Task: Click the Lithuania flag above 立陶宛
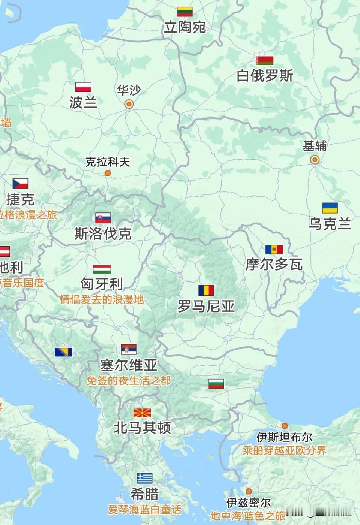[184, 12]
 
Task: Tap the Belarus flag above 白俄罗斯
[264, 60]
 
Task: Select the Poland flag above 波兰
[83, 87]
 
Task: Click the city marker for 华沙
[129, 104]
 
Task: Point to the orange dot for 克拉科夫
[108, 173]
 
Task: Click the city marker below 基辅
[315, 160]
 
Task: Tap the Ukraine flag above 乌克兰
[330, 208]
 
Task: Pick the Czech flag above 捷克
[20, 183]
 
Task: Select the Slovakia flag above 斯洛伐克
[103, 218]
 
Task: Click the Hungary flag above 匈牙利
[102, 269]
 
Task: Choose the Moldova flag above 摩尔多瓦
[274, 249]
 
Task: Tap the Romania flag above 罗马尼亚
[206, 290]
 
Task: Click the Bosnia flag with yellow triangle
[63, 352]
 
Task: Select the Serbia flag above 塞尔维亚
[129, 349]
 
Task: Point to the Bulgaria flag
[216, 384]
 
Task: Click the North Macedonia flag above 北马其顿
[142, 413]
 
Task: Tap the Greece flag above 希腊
[144, 478]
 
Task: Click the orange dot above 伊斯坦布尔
[285, 426]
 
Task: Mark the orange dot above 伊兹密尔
[249, 491]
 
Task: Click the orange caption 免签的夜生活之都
[129, 381]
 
